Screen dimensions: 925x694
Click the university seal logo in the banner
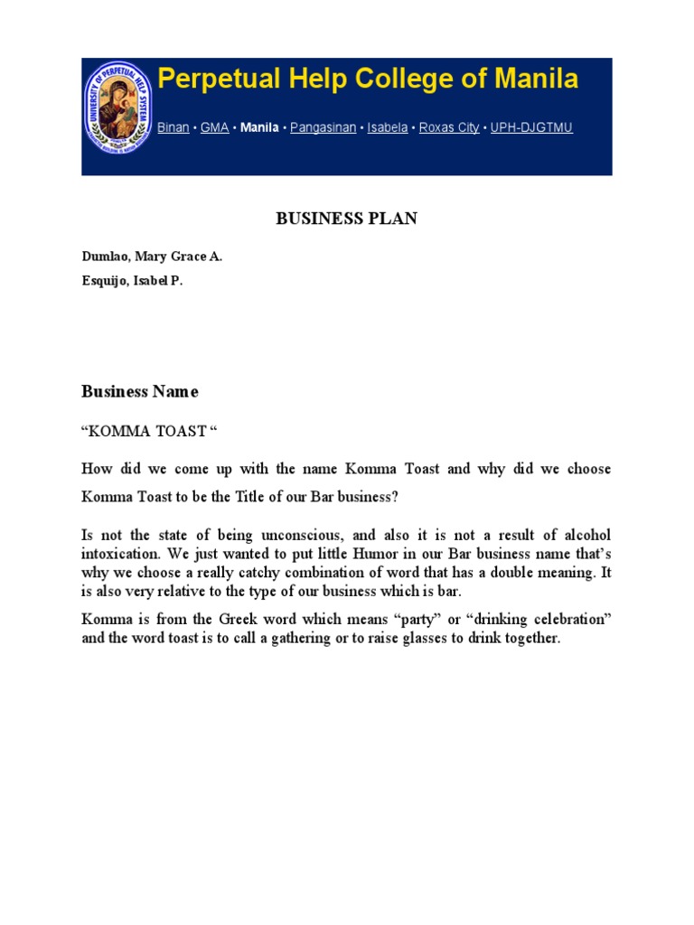[x=118, y=107]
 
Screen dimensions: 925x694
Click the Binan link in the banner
[x=173, y=127]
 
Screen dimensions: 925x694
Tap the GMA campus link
[x=214, y=127]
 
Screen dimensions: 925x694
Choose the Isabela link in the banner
[x=387, y=127]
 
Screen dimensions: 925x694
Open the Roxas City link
[x=449, y=127]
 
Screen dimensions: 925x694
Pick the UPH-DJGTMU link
[x=531, y=127]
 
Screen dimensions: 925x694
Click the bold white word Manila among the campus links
[x=259, y=127]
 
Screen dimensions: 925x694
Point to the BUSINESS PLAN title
[x=346, y=219]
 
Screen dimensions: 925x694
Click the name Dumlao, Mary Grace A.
[x=152, y=257]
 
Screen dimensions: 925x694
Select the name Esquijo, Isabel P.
[x=132, y=281]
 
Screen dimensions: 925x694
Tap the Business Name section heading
[x=139, y=391]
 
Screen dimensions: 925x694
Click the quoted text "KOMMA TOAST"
[x=150, y=431]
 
